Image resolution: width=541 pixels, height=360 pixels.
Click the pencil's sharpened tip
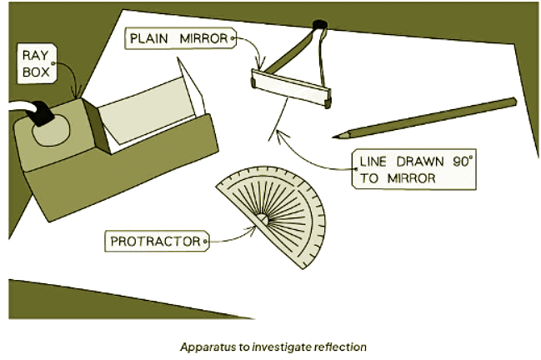pos(335,135)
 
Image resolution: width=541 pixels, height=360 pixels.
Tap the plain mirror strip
pos(293,87)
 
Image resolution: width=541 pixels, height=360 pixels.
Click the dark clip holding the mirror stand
pos(317,26)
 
